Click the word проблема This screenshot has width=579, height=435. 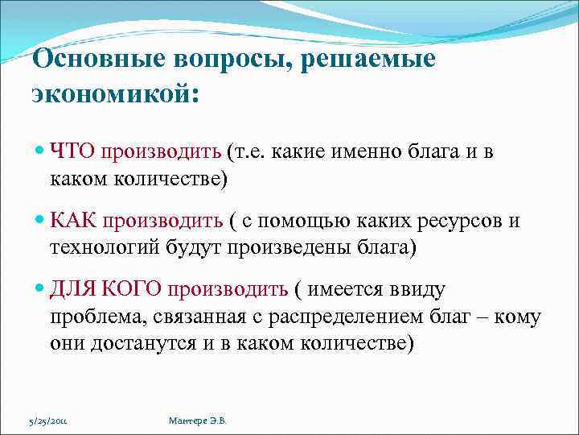[x=92, y=317]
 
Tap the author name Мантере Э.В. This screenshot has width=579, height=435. [x=197, y=420]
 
